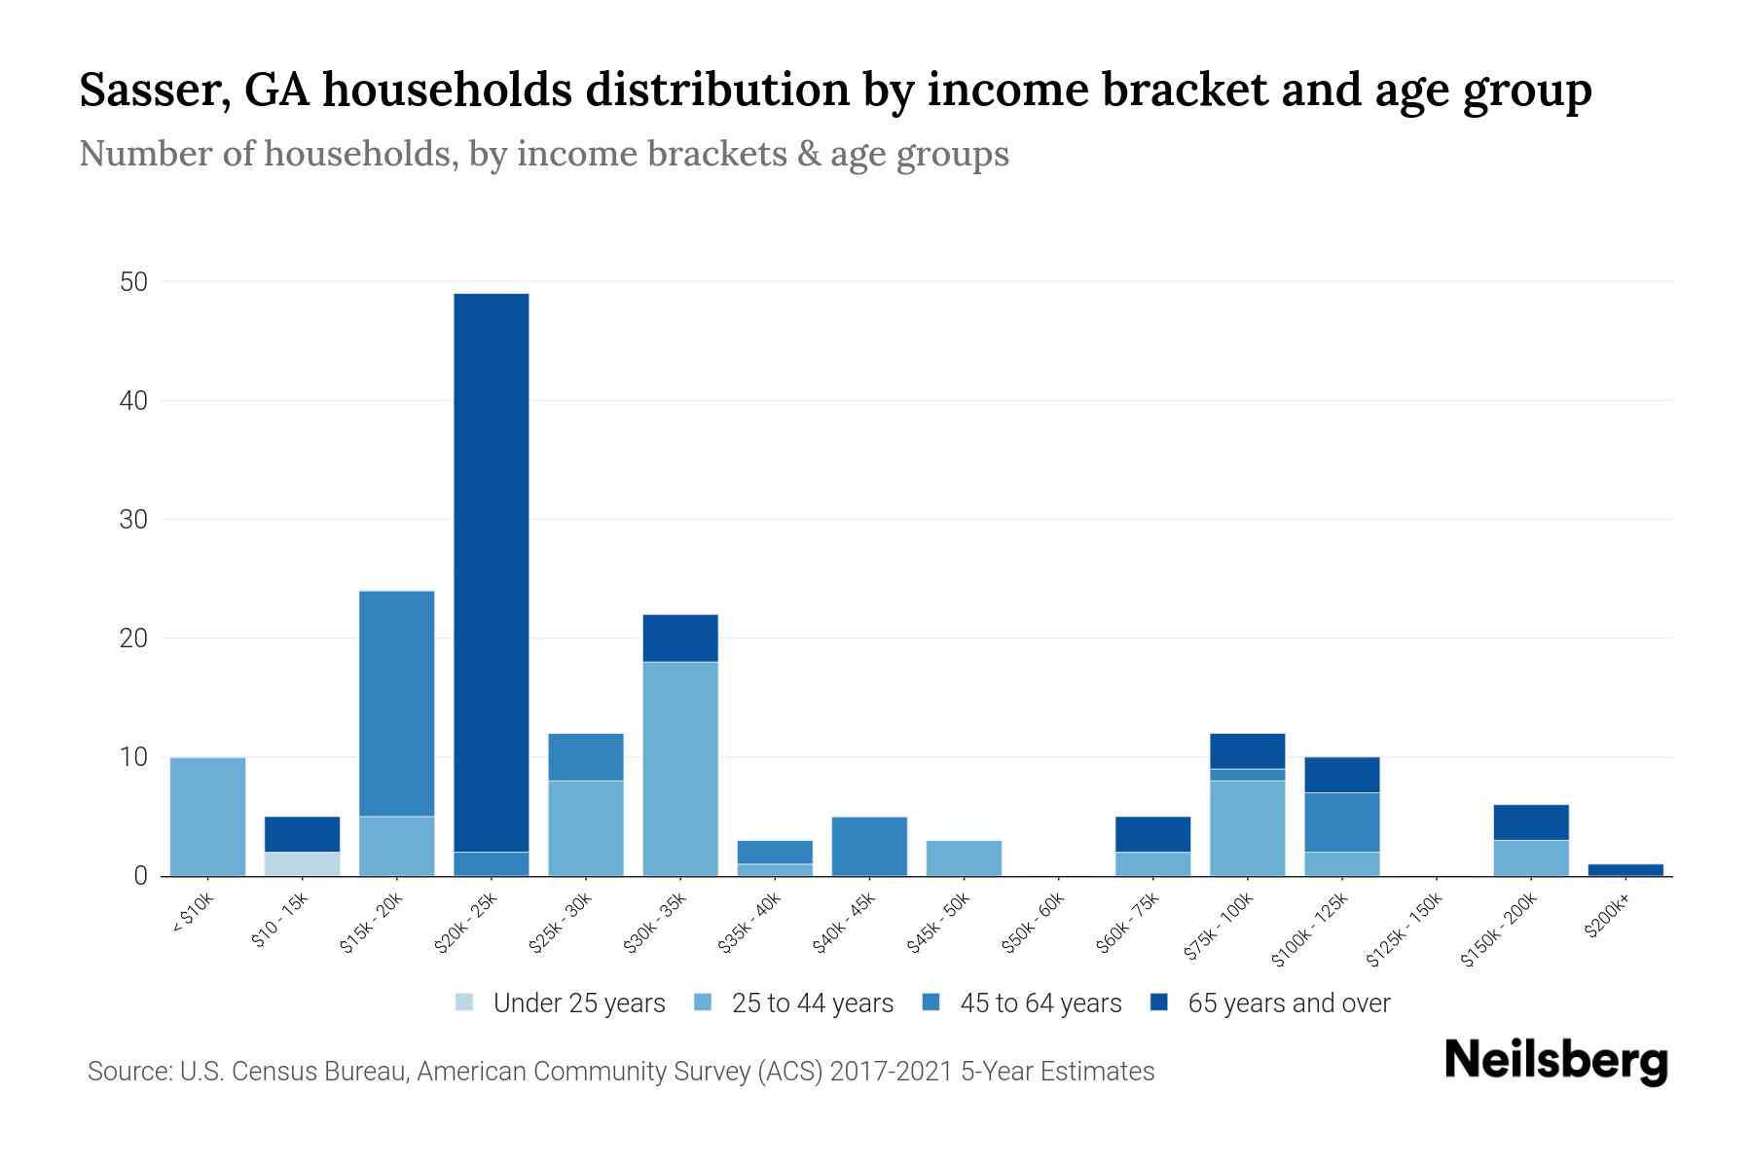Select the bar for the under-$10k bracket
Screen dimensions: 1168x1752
207,817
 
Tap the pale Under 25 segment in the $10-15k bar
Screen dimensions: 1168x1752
302,864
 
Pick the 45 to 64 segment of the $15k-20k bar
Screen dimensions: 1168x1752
396,703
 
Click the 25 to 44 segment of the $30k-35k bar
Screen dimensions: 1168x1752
680,769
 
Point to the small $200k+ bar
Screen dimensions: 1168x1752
1625,870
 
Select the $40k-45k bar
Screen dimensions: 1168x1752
869,846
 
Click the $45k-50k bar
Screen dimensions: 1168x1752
964,858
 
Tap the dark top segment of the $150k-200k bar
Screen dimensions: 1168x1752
1531,822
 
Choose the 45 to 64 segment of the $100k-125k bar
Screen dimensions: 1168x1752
1341,822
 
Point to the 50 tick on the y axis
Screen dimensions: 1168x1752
133,282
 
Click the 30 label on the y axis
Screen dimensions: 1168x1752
133,520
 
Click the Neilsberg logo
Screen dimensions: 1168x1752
1555,1061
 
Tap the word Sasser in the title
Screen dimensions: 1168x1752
156,91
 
